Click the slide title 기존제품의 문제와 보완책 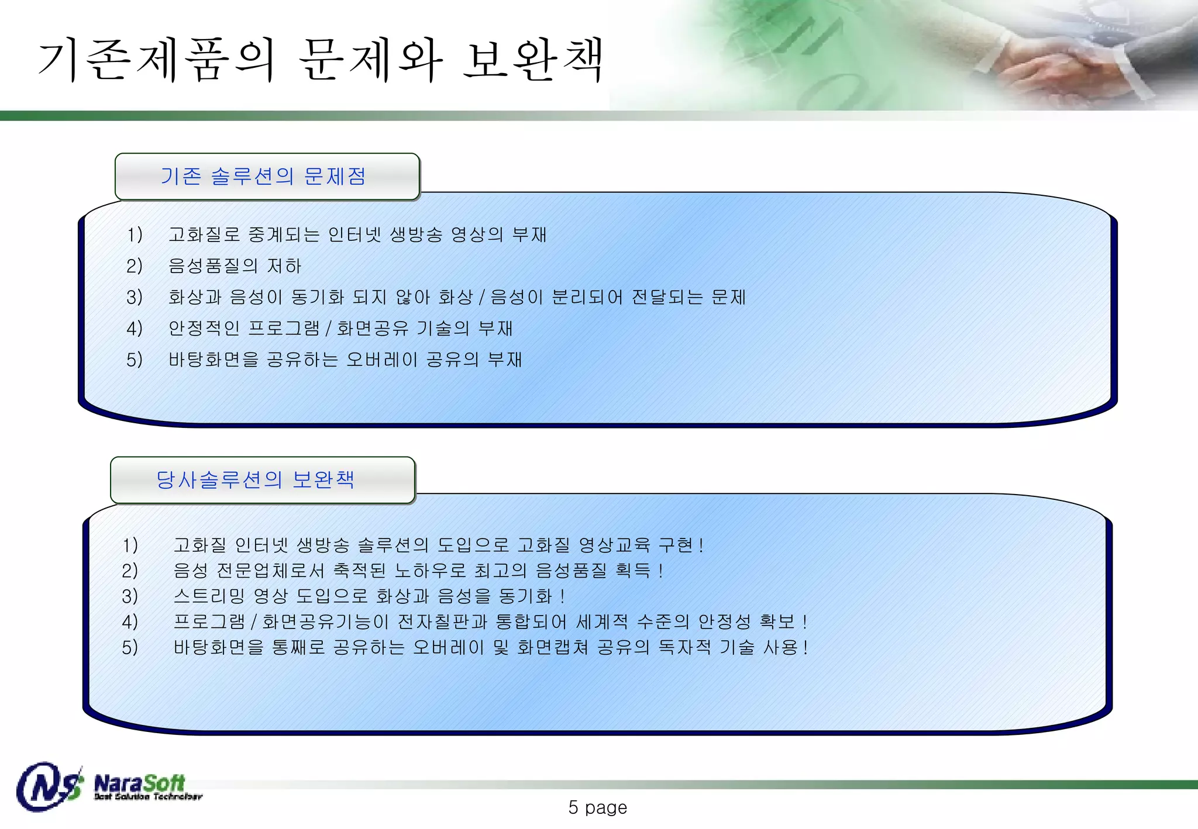point(321,60)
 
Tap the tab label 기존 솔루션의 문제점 point(263,176)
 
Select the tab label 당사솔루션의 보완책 point(255,479)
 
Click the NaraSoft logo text point(140,783)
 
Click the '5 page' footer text point(597,807)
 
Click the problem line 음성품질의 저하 point(235,266)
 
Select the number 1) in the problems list point(135,235)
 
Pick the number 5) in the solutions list point(130,647)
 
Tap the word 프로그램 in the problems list point(284,329)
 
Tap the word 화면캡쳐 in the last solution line point(553,647)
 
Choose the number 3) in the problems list point(135,298)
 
